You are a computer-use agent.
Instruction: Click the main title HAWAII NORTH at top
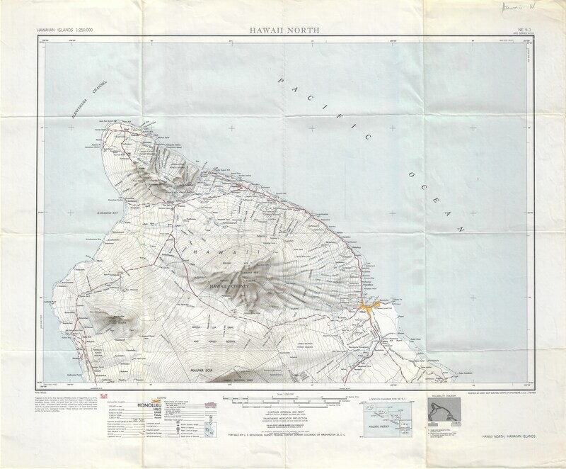(x=283, y=30)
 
